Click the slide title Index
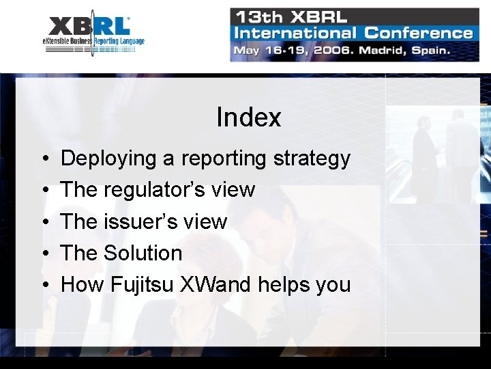click(248, 118)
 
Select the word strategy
click(312, 159)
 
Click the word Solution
click(143, 253)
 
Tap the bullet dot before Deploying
click(43, 159)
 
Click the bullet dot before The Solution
click(43, 254)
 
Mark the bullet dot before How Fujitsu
click(43, 285)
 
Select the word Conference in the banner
click(418, 32)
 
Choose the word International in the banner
click(295, 32)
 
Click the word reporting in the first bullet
click(224, 159)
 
